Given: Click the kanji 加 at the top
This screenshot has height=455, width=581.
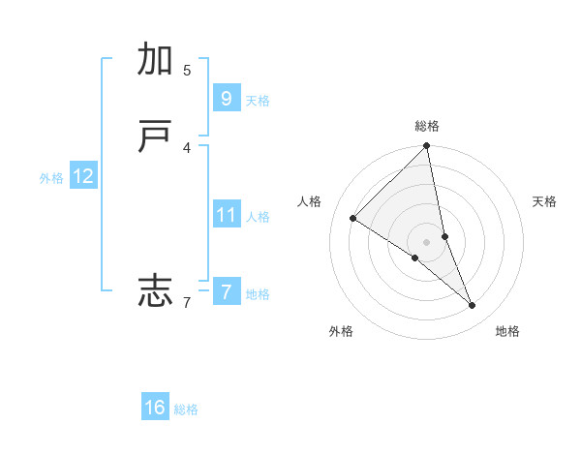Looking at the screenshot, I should point(156,60).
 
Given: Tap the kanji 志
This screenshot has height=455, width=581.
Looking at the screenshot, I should point(156,289).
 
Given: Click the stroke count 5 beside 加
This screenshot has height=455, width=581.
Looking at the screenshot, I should point(187,70).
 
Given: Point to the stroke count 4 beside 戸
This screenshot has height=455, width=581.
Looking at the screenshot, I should point(187,147).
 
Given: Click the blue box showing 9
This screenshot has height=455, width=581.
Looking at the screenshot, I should point(226,98).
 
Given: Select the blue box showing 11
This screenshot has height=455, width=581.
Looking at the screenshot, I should point(226,214).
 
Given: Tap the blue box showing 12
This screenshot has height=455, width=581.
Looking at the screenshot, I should point(82,176).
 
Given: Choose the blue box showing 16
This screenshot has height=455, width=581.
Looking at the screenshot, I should point(155,408).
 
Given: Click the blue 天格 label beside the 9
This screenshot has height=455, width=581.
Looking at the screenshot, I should point(258,101).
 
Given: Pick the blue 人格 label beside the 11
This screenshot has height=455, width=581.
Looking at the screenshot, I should point(258,217).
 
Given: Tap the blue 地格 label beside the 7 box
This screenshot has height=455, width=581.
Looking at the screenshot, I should point(258,294).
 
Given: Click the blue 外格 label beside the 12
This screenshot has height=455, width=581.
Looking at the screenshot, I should point(51,178).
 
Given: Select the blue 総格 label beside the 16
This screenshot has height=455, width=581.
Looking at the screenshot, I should point(186,410).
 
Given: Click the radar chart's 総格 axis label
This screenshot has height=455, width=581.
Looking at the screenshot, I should point(427,126).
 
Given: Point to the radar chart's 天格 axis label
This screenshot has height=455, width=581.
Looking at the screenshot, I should point(544,201).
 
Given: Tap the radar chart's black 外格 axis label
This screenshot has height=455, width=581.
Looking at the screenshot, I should point(341,331).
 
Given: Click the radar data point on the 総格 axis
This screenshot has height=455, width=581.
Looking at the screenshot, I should point(427,146).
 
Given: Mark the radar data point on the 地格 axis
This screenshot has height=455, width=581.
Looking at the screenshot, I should point(473,305).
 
